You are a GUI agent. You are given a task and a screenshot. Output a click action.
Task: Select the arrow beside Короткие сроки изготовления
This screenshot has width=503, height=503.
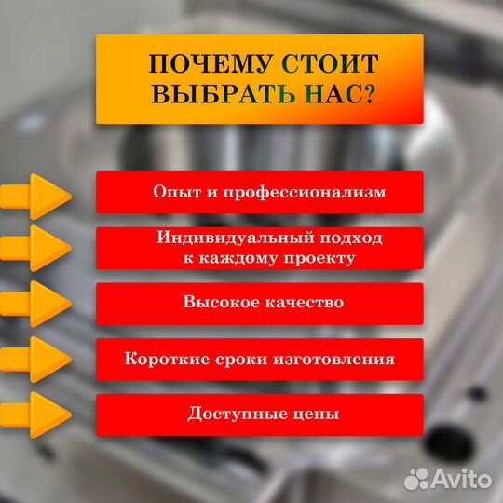36,360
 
